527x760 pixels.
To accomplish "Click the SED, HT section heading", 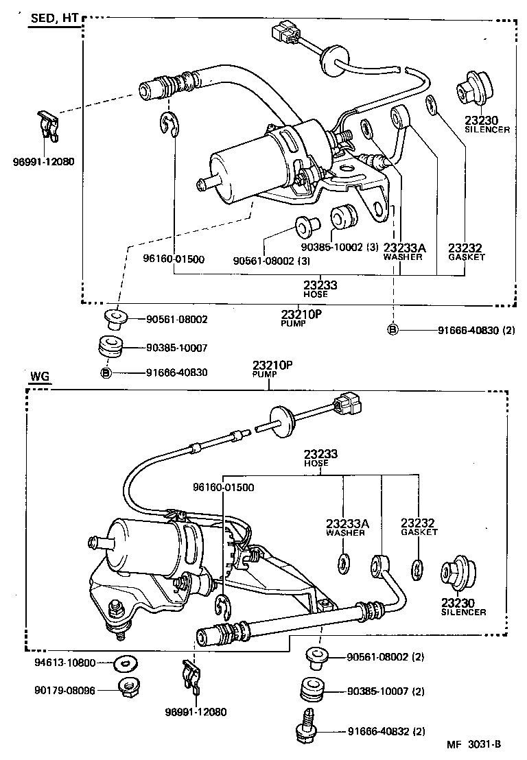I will pos(54,19).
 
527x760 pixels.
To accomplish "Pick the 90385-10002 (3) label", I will pos(340,248).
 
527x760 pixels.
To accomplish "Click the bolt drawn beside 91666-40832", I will pos(306,728).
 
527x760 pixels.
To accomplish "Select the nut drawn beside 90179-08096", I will pos(125,687).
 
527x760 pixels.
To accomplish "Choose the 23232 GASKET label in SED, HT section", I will pos(466,252).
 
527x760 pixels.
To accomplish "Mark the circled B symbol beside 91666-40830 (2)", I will pos(393,330).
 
